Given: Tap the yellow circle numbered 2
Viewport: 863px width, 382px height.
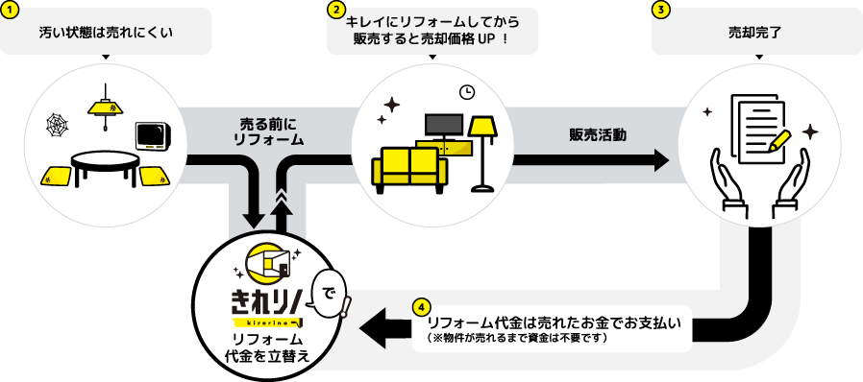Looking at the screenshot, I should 336,10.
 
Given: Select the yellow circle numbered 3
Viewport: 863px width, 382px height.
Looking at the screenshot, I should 660,10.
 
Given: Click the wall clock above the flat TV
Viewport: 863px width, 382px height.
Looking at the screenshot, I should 467,92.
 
